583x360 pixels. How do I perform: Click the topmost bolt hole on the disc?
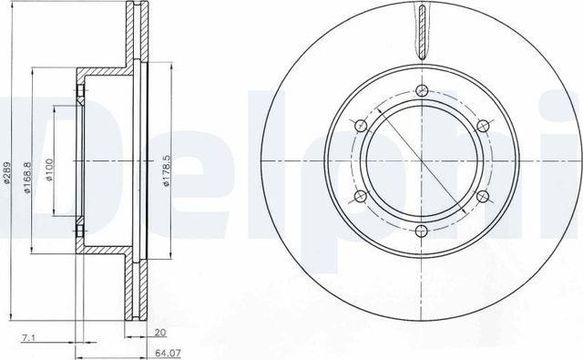(x=421, y=90)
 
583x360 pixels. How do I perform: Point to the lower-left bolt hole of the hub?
(x=361, y=195)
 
